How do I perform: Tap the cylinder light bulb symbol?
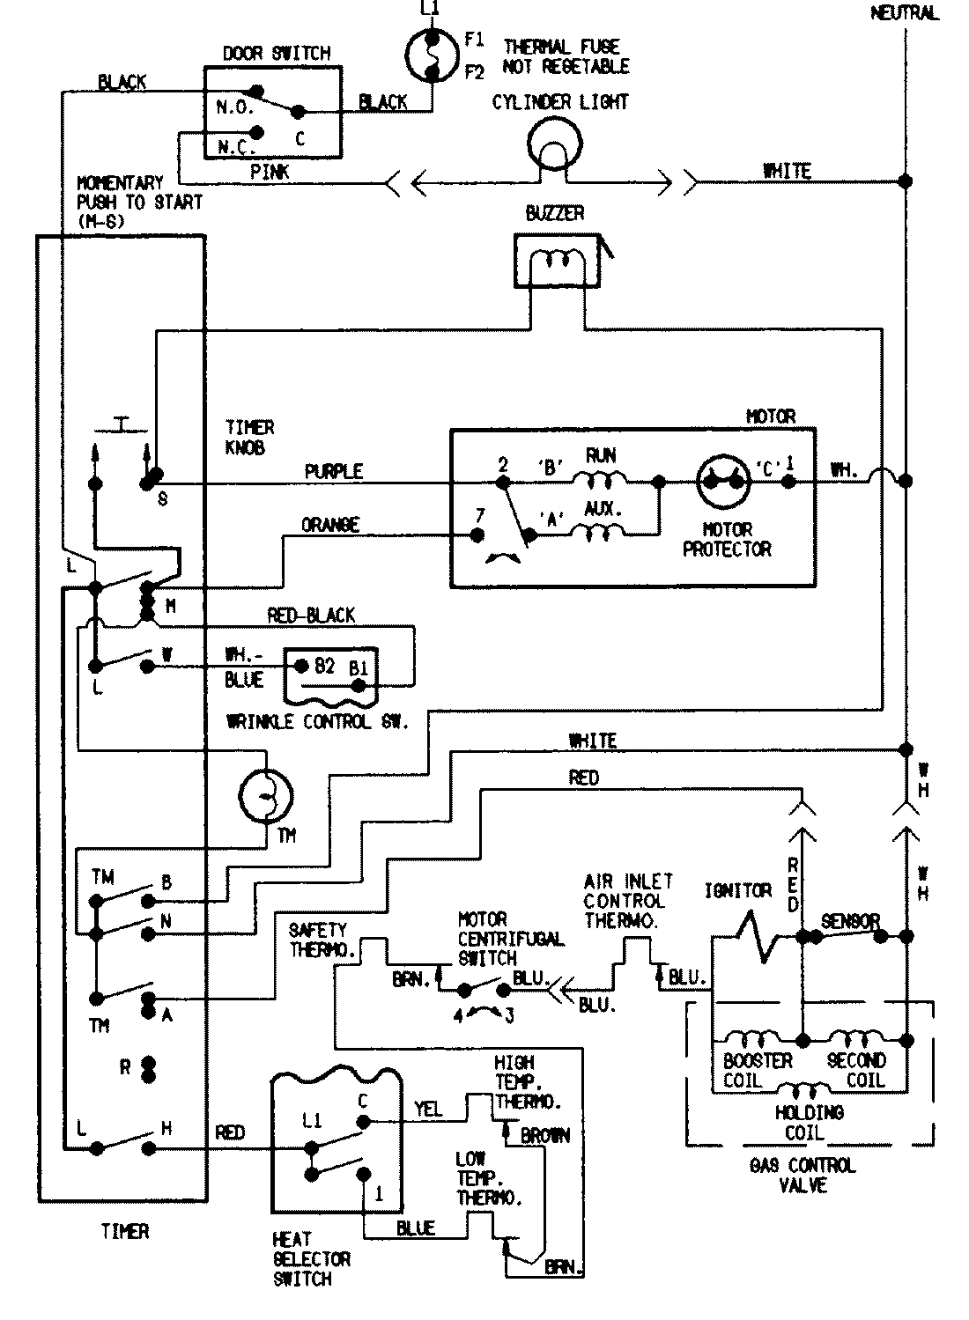[x=554, y=144]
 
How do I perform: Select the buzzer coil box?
[x=555, y=261]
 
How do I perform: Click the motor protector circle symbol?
[x=725, y=482]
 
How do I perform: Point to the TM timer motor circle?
[x=266, y=794]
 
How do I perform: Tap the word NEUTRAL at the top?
[x=904, y=12]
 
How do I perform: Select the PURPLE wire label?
[x=333, y=471]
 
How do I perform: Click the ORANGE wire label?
[x=330, y=525]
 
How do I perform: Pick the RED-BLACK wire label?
[x=311, y=616]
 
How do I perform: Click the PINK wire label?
[x=270, y=172]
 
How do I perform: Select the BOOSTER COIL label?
[x=757, y=1070]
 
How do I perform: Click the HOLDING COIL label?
[x=809, y=1123]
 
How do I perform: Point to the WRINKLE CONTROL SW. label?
[x=317, y=723]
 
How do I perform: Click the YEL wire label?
[x=428, y=1109]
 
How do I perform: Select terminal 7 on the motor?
[x=478, y=535]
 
